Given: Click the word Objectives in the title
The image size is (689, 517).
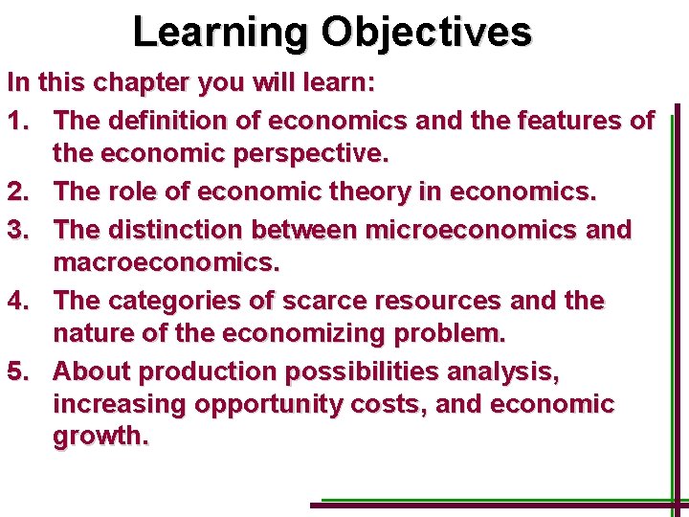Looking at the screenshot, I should pyautogui.click(x=426, y=32).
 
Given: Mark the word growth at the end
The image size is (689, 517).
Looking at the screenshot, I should pyautogui.click(x=100, y=437).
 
